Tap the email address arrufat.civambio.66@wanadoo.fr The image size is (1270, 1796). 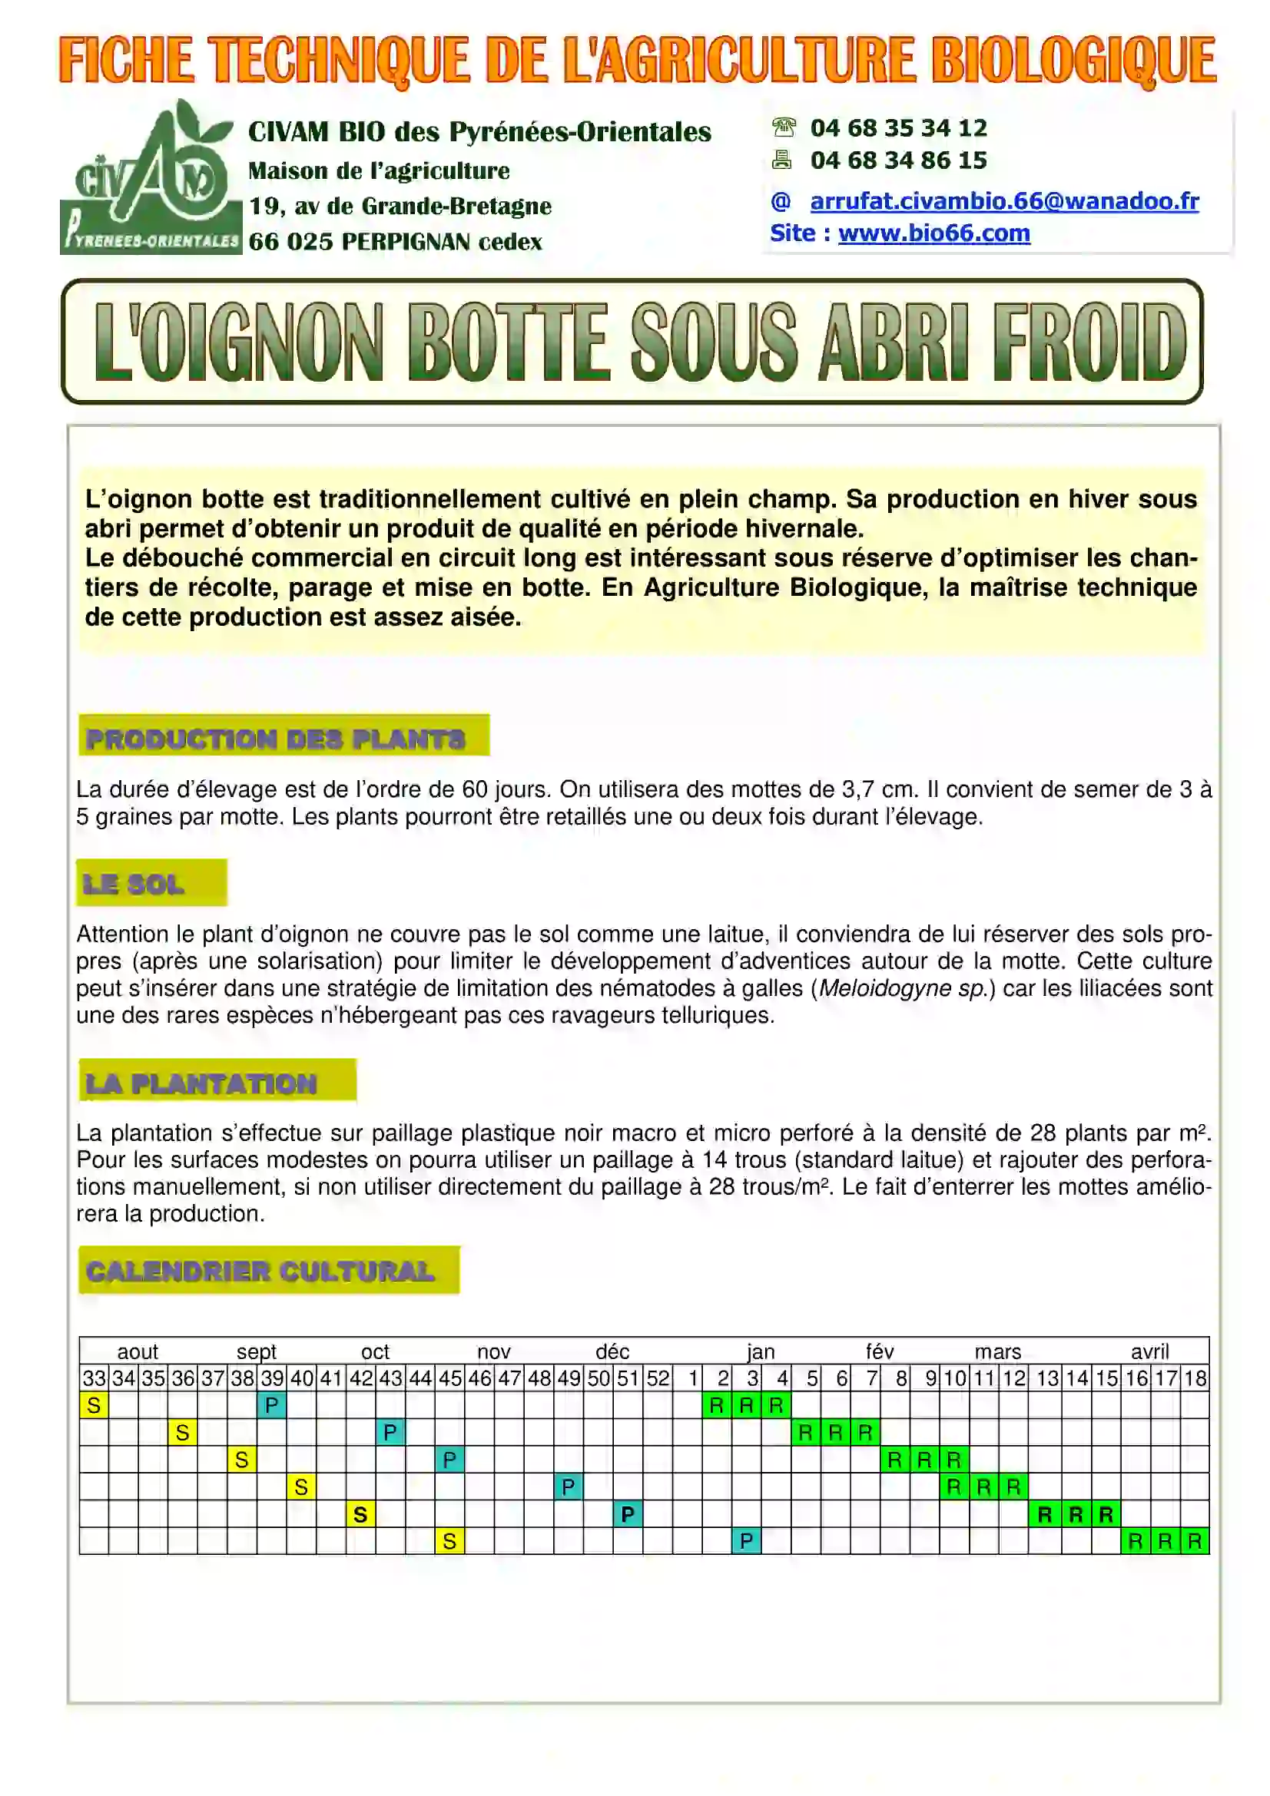[1004, 201]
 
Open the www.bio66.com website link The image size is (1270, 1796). [933, 233]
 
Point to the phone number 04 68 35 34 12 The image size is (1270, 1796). [898, 127]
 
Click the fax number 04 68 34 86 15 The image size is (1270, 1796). [898, 160]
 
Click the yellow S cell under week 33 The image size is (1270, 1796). [94, 1406]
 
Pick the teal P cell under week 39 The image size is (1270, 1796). [271, 1406]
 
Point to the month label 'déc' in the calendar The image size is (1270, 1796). [612, 1351]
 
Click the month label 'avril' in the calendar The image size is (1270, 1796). [1149, 1351]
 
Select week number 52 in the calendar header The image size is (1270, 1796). [658, 1378]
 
